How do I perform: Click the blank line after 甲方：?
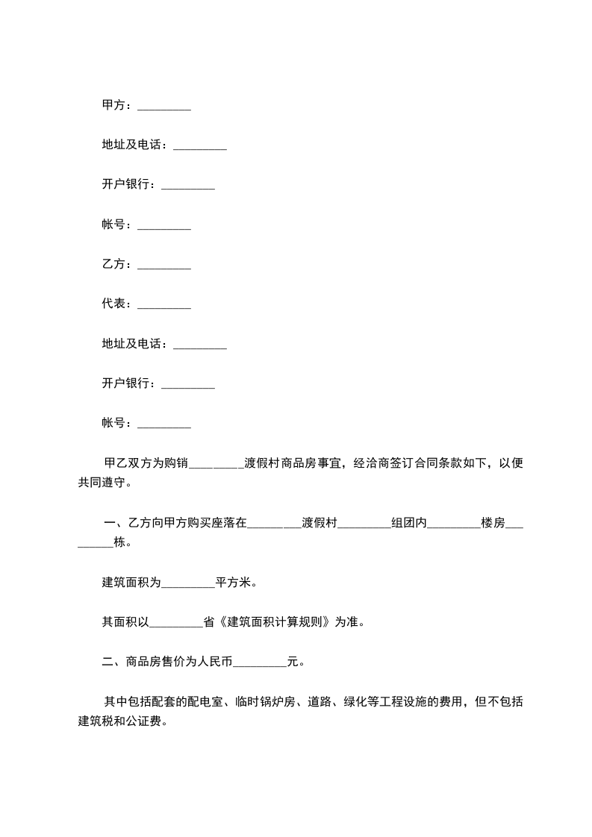click(x=164, y=107)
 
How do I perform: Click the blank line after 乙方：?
click(x=164, y=265)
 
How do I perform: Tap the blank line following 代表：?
click(x=164, y=304)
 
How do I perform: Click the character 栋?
click(x=119, y=543)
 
